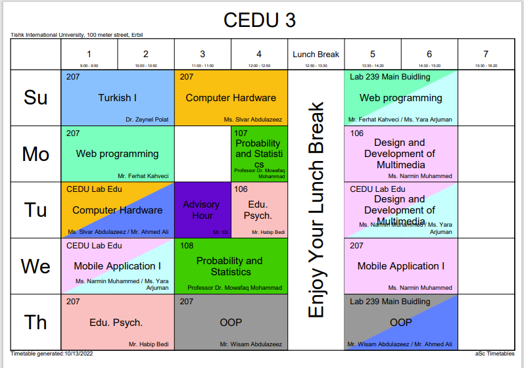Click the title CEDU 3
click(260, 20)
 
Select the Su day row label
click(36, 98)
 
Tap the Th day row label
click(36, 322)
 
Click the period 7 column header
click(486, 55)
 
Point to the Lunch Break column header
click(316, 55)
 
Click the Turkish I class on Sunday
click(117, 98)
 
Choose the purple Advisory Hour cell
click(202, 210)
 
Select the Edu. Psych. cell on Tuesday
click(259, 210)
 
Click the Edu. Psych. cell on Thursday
click(117, 323)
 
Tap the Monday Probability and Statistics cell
click(259, 154)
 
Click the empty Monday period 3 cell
click(202, 154)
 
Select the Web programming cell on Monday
click(117, 154)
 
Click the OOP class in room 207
click(231, 323)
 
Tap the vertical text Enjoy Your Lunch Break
click(316, 210)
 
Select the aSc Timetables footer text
click(494, 354)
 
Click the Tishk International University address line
click(77, 35)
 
